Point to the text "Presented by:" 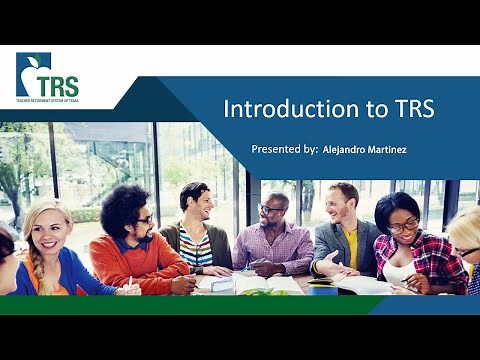[x=283, y=149]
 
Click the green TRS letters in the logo [x=56, y=84]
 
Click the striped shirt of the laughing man [x=196, y=247]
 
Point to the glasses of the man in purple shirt [x=271, y=211]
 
